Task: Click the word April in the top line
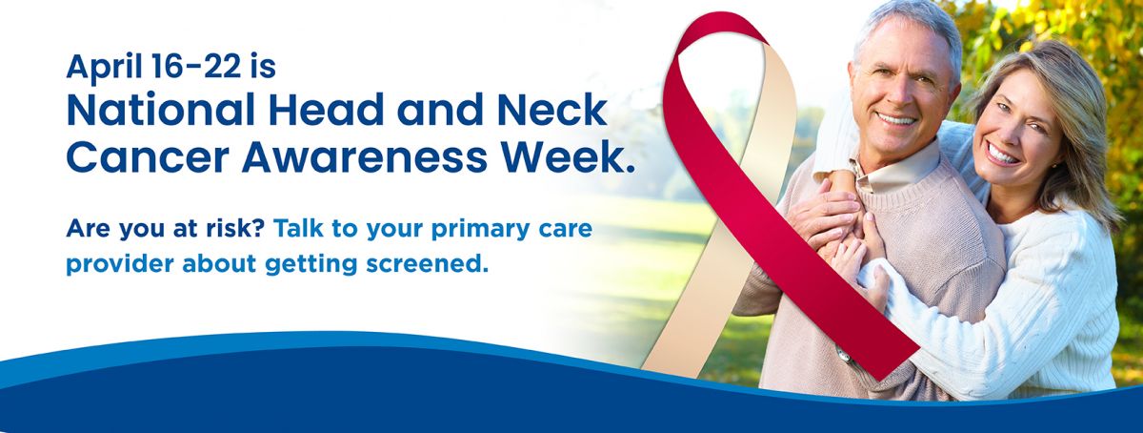104,68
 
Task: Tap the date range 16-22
196,66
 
